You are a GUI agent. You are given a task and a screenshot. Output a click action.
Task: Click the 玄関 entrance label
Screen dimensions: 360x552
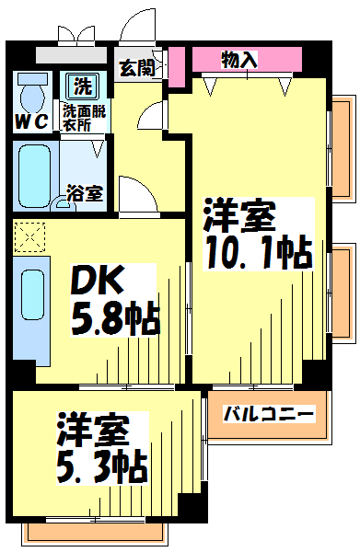[138, 68]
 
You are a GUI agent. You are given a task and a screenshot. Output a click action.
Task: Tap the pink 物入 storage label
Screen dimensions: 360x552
[239, 60]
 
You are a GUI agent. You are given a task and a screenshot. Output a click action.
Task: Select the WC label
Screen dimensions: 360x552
[31, 122]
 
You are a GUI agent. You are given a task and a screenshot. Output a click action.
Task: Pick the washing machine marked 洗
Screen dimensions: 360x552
[83, 86]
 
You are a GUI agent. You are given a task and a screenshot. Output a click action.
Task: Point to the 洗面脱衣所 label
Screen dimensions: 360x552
[84, 119]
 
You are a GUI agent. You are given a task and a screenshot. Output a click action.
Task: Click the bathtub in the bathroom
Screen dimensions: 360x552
[34, 177]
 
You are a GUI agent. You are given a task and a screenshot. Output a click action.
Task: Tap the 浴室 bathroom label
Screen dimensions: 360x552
[86, 193]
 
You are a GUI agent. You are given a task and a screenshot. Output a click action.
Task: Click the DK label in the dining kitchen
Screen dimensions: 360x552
[98, 281]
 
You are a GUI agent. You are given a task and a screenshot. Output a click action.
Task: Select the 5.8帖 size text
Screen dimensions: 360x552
[115, 318]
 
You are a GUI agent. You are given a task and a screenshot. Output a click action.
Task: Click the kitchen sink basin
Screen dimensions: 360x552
[33, 294]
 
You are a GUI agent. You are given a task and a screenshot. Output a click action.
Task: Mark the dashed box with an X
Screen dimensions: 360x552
[29, 237]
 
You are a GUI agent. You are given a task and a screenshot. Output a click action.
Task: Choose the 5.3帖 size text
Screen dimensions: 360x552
[101, 466]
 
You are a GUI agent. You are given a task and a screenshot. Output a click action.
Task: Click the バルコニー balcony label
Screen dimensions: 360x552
[269, 414]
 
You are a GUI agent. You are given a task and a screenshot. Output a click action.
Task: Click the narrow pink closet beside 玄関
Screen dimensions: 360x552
[176, 67]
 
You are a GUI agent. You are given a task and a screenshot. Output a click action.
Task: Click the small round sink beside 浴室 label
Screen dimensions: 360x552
[64, 205]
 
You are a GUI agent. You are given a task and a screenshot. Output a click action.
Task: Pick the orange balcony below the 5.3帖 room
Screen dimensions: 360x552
[95, 533]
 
